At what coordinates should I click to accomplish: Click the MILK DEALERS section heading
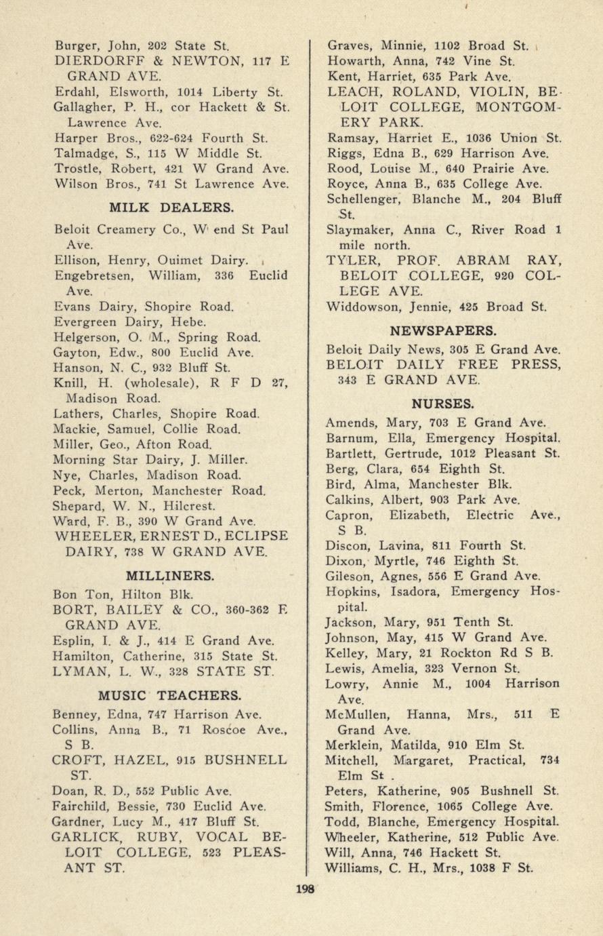[171, 207]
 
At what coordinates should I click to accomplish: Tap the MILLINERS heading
[171, 576]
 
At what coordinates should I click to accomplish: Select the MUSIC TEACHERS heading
[169, 695]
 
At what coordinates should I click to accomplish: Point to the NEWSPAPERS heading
[444, 330]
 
